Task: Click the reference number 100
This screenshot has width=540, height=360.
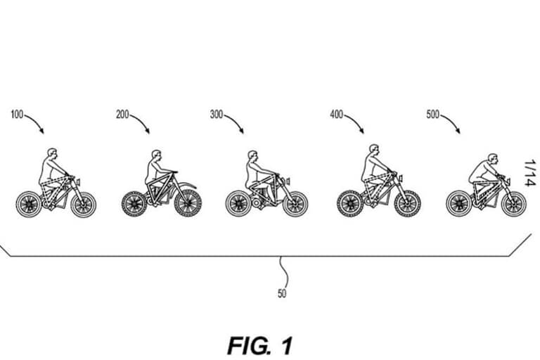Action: point(17,114)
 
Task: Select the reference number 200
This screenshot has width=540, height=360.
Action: point(122,114)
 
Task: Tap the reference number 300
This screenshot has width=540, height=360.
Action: point(217,114)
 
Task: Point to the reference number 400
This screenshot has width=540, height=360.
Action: point(336,114)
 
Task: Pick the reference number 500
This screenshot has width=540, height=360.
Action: point(433,114)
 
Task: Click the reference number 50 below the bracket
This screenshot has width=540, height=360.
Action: point(282,294)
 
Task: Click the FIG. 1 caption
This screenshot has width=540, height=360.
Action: point(260,345)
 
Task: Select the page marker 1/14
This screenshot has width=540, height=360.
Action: point(529,173)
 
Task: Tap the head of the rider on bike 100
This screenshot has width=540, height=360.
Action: point(51,153)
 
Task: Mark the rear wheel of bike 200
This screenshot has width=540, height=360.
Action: point(133,204)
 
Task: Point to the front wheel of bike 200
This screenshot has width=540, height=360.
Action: point(189,204)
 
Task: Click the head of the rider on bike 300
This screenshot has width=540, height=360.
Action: point(252,155)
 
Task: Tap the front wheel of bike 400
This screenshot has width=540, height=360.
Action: point(408,204)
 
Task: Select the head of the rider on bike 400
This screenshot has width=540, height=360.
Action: point(374,150)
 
